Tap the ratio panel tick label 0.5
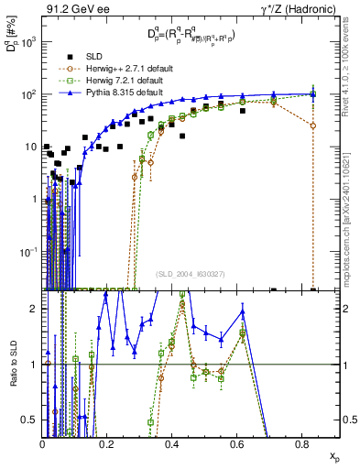pos(29,420)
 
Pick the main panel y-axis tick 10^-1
pos(27,251)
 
